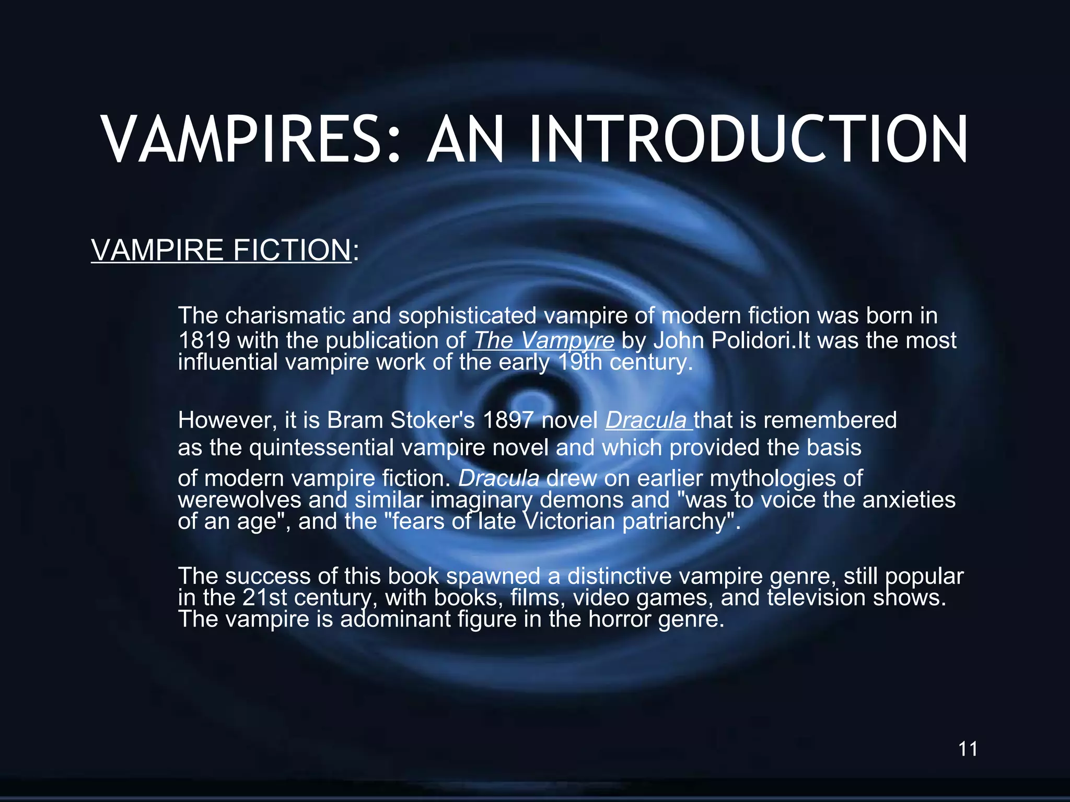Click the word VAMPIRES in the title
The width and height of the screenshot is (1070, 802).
pyautogui.click(x=251, y=140)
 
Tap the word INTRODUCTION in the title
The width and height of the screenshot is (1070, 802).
pyautogui.click(x=748, y=140)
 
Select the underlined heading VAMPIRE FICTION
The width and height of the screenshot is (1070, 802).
pyautogui.click(x=221, y=250)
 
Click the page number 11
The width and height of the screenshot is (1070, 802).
pyautogui.click(x=968, y=749)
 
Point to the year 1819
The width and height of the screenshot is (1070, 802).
pyautogui.click(x=204, y=340)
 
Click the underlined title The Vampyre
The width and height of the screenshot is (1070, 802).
pyautogui.click(x=544, y=340)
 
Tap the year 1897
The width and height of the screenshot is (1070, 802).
pyautogui.click(x=508, y=420)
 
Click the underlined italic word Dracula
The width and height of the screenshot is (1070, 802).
pyautogui.click(x=647, y=420)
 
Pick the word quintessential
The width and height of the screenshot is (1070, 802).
pyautogui.click(x=321, y=447)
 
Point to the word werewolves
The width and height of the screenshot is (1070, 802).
pyautogui.click(x=240, y=500)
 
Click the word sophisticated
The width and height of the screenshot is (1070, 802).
pyautogui.click(x=468, y=315)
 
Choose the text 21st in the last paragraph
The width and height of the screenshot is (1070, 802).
pyautogui.click(x=265, y=597)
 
